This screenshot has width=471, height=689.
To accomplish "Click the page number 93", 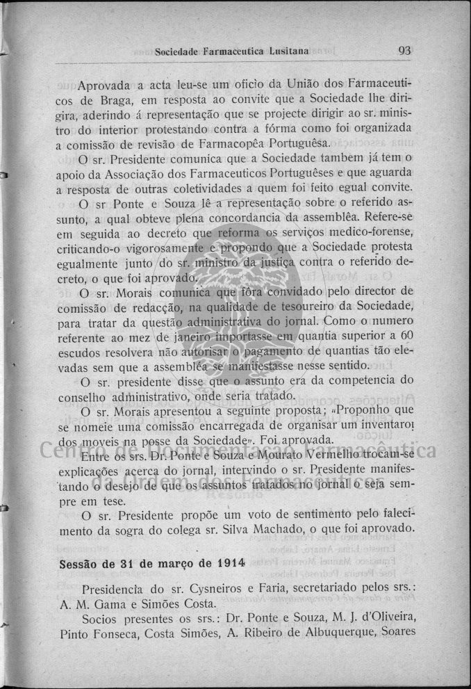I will pos(406,50).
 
